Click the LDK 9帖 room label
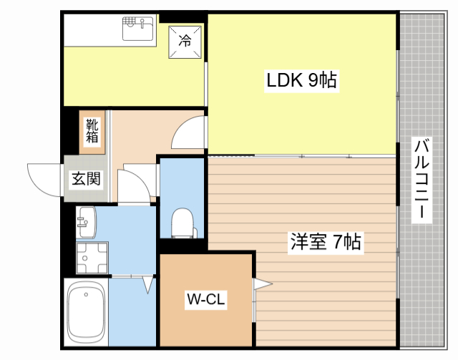[302, 79]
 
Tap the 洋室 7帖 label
[326, 242]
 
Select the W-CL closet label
[206, 299]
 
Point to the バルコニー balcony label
[422, 180]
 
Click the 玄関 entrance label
[86, 178]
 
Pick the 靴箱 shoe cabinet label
[92, 131]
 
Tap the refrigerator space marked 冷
[185, 42]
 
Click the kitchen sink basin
[138, 29]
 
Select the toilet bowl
[183, 223]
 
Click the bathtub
[86, 313]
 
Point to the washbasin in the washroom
[86, 222]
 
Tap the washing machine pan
[92, 258]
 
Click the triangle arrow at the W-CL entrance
[263, 283]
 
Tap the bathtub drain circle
[86, 294]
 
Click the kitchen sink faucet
[142, 24]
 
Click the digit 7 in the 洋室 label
[337, 242]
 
